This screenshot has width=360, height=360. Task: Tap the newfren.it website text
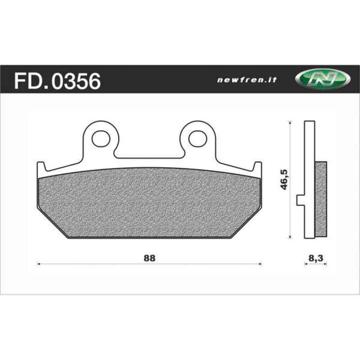click(247, 80)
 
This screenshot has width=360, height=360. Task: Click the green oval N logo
click(322, 80)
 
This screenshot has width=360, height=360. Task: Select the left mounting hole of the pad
click(100, 138)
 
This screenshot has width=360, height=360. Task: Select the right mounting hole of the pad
click(198, 138)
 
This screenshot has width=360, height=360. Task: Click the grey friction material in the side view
click(321, 198)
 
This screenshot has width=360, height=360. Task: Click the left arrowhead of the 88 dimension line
click(39, 264)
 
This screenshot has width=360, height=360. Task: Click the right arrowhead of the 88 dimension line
click(260, 264)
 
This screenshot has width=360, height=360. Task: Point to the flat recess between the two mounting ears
click(149, 157)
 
